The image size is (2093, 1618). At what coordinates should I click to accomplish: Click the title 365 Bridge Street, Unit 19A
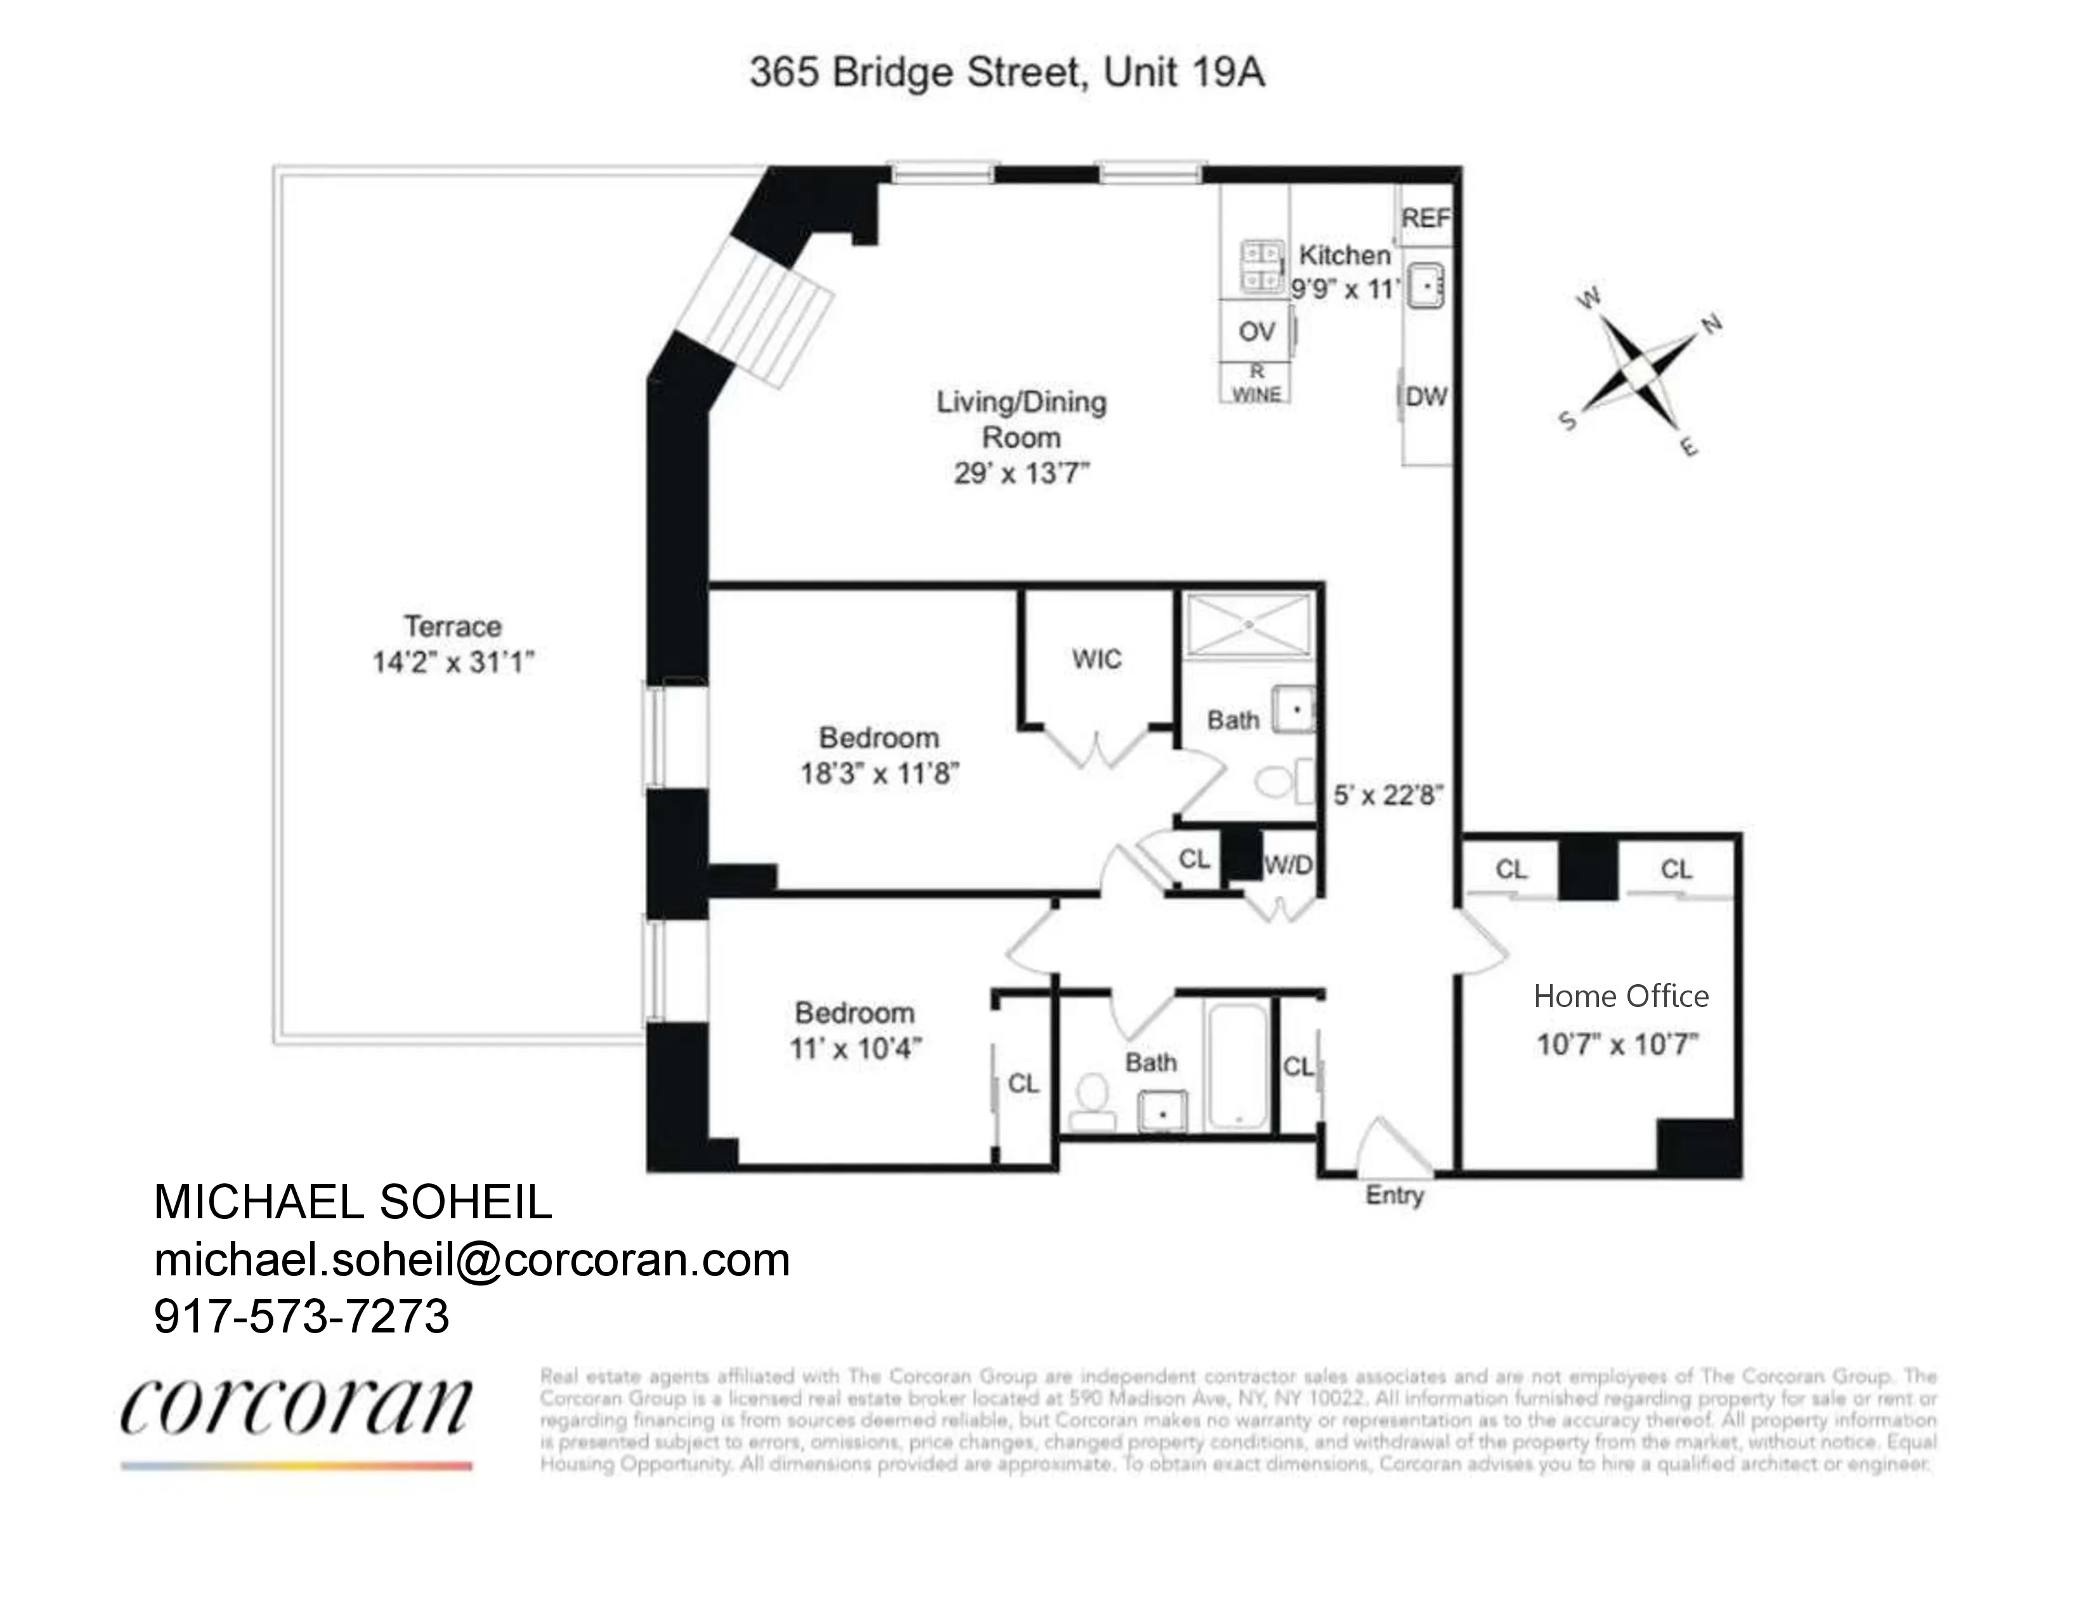pyautogui.click(x=1007, y=73)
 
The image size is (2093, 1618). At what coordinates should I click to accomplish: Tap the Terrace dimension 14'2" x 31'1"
pyautogui.click(x=452, y=662)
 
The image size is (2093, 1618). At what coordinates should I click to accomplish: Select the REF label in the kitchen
pyautogui.click(x=1425, y=220)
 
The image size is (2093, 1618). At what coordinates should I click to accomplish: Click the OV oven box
pyautogui.click(x=1255, y=332)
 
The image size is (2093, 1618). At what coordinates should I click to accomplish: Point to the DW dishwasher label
pyautogui.click(x=1426, y=397)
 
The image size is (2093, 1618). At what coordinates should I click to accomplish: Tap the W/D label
pyautogui.click(x=1288, y=865)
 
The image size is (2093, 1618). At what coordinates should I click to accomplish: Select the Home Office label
pyautogui.click(x=1620, y=997)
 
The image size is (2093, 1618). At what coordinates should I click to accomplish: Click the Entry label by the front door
pyautogui.click(x=1394, y=1195)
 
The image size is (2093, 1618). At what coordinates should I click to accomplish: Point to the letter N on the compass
pyautogui.click(x=1712, y=324)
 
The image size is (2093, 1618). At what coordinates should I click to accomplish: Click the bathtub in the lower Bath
pyautogui.click(x=1238, y=1067)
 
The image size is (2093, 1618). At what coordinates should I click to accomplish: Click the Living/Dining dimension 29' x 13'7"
pyautogui.click(x=1022, y=473)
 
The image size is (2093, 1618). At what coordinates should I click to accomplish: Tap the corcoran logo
pyautogui.click(x=296, y=1409)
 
